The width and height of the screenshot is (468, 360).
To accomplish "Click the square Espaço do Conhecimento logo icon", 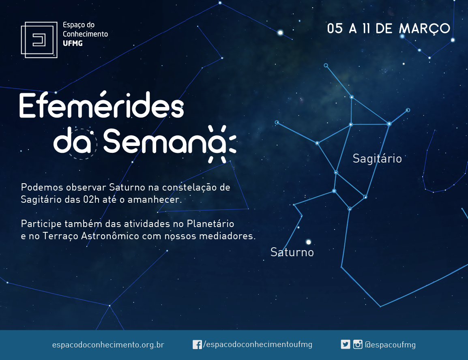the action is click(x=39, y=40).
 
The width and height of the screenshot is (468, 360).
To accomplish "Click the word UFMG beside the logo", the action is click(x=73, y=43).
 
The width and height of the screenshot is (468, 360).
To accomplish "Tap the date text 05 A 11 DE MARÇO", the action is click(x=388, y=29).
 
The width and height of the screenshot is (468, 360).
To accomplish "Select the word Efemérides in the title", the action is click(x=101, y=105).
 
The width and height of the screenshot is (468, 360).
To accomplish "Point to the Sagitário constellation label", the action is click(x=377, y=159).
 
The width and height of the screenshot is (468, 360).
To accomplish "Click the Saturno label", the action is click(x=292, y=252).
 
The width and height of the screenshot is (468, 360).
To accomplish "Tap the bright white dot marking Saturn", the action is click(x=309, y=242).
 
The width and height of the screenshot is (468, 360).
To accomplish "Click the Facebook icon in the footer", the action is click(x=197, y=345).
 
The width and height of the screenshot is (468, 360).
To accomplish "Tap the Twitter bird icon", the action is click(x=346, y=345).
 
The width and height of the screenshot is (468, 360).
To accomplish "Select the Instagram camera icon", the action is click(x=358, y=345).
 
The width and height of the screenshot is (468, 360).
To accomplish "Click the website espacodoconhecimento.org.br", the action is click(x=108, y=345).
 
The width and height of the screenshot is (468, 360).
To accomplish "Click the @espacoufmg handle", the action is click(x=390, y=345).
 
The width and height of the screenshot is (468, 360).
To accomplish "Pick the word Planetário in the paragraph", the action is click(x=210, y=224).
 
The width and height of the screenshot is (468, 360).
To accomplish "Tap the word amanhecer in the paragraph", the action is click(x=155, y=199).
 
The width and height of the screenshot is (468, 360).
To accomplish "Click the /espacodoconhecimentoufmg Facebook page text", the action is click(x=258, y=345).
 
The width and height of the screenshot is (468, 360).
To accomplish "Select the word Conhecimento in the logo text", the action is click(x=85, y=34).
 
